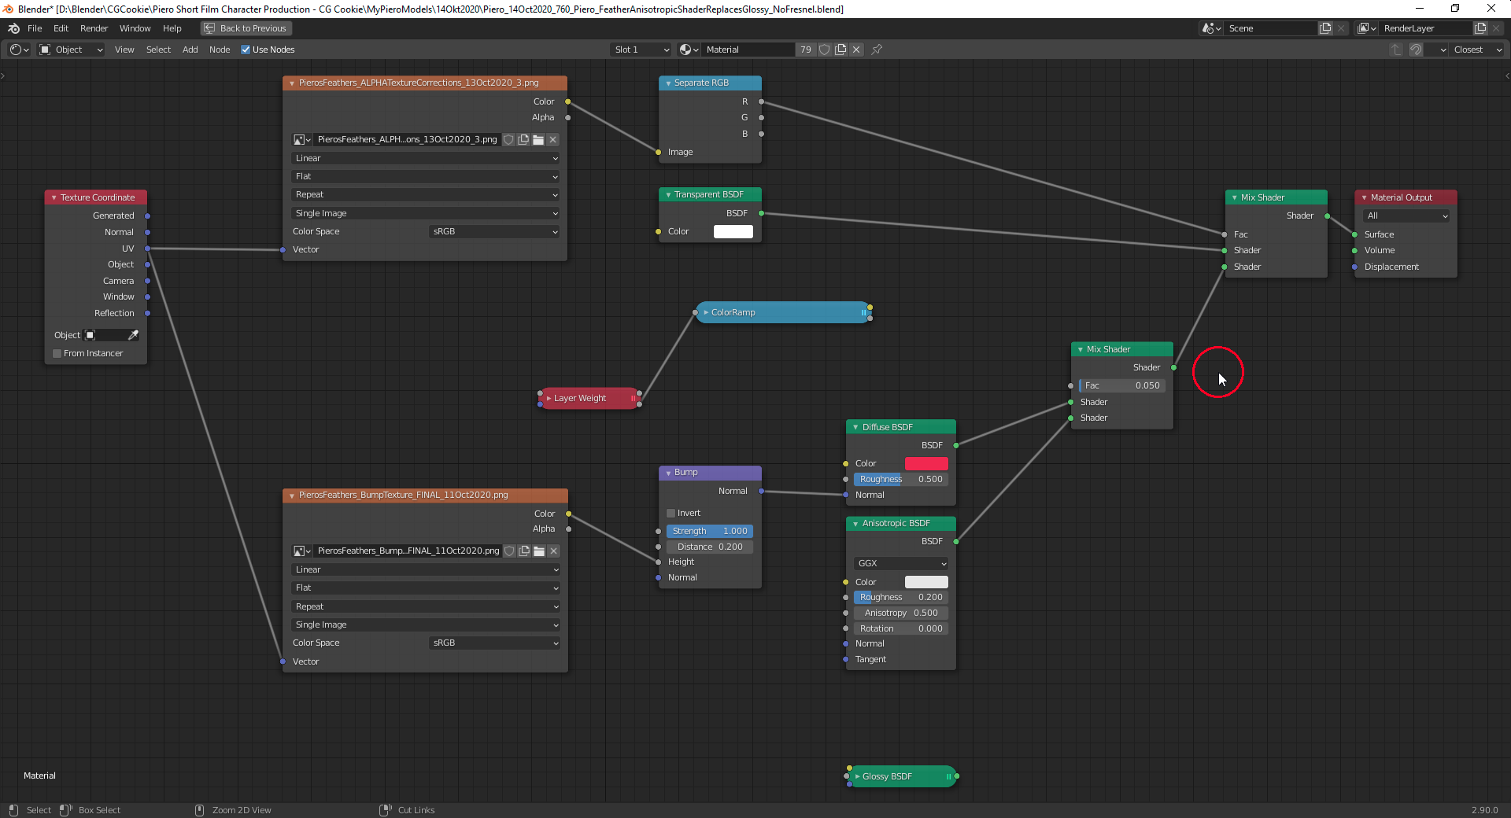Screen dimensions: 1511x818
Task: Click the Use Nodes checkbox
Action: tap(246, 50)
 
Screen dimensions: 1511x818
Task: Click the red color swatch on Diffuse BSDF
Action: tap(926, 463)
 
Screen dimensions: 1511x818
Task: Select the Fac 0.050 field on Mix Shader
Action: tap(1122, 385)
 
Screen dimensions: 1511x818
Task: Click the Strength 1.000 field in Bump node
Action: tap(710, 531)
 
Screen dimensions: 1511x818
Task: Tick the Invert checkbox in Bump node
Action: tap(671, 513)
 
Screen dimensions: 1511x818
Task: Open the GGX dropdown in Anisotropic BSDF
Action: tap(901, 563)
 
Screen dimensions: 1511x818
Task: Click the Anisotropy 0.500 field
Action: tap(901, 613)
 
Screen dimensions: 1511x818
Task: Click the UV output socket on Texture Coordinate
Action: tap(147, 249)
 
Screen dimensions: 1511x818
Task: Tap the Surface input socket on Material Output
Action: tap(1354, 234)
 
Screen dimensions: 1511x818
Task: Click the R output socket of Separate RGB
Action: tap(761, 101)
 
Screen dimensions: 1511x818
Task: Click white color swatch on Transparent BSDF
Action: tap(733, 231)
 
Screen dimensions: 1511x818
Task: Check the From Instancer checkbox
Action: tap(57, 353)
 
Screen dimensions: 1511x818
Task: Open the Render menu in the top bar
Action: tap(94, 28)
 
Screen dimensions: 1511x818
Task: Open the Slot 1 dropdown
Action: tap(641, 50)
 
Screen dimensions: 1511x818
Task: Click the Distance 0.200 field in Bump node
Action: tap(710, 547)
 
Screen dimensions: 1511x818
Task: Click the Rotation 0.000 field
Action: tap(901, 628)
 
